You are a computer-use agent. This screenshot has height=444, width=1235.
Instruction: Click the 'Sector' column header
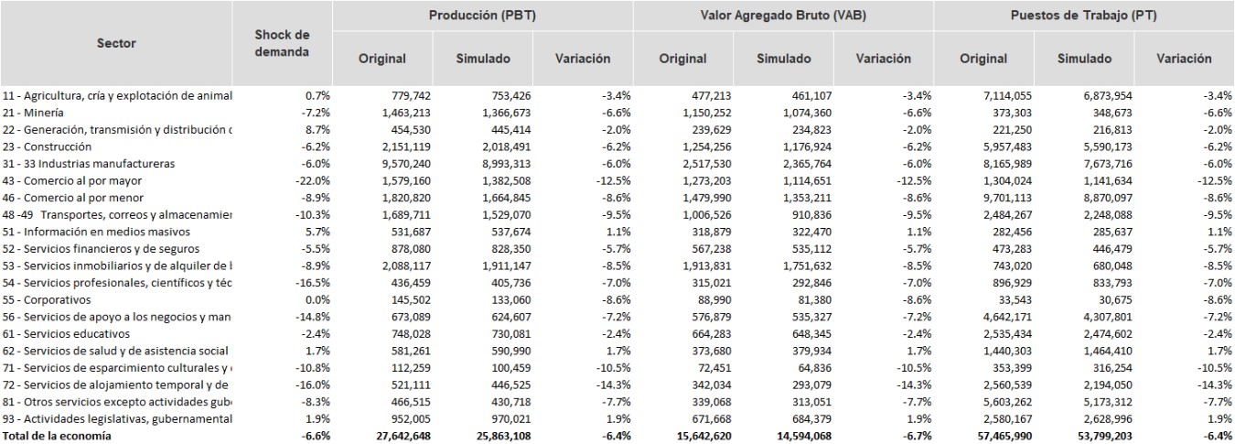tap(116, 43)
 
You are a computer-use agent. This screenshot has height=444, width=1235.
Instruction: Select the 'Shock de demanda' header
tap(282, 43)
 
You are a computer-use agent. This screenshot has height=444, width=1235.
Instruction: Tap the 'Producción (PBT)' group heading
tap(481, 16)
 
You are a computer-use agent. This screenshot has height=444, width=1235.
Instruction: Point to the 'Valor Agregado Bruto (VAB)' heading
tap(783, 16)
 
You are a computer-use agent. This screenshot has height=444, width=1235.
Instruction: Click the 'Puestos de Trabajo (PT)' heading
tap(1083, 16)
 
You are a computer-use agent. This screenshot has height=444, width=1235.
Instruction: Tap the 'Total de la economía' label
tap(57, 436)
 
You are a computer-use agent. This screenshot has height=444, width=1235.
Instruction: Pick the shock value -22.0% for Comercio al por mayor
tap(309, 180)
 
